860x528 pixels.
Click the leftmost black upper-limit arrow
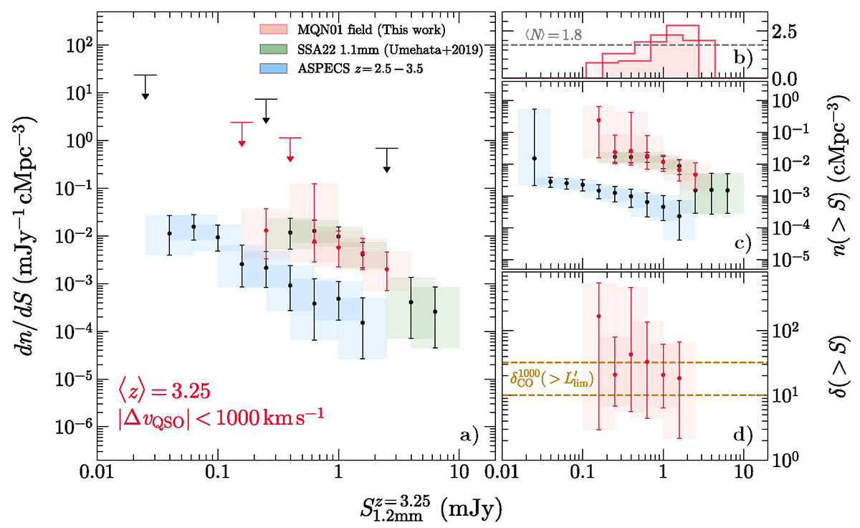pyautogui.click(x=145, y=87)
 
